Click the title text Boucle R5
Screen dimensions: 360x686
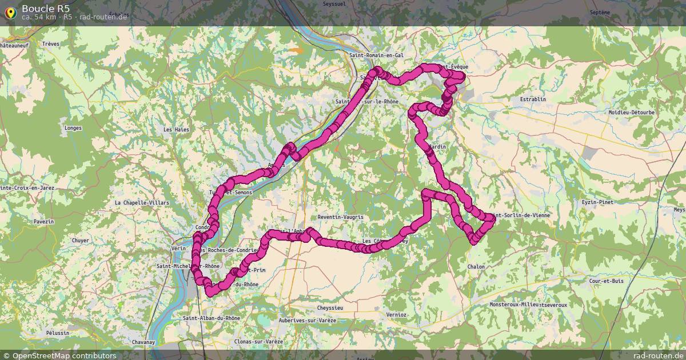(x=46, y=8)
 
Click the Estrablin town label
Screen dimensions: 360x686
(x=533, y=99)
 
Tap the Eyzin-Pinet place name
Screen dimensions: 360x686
(x=597, y=202)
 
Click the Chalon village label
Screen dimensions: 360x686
(x=476, y=267)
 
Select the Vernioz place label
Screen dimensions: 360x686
(x=396, y=315)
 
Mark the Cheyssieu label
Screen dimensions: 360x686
(x=329, y=308)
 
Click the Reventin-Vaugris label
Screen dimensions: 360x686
(x=341, y=217)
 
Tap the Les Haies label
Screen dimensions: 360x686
(x=176, y=130)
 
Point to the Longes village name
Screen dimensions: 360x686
(x=74, y=128)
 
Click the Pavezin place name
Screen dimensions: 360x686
(x=43, y=221)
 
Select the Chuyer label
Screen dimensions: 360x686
(x=81, y=241)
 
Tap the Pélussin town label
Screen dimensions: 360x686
(x=58, y=333)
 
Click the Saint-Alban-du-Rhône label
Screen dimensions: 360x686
(x=212, y=318)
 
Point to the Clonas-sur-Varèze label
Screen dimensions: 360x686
(x=259, y=342)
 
